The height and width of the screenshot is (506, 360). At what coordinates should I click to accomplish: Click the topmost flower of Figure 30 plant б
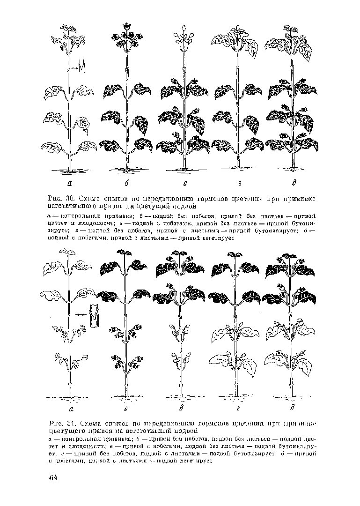tap(126, 26)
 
